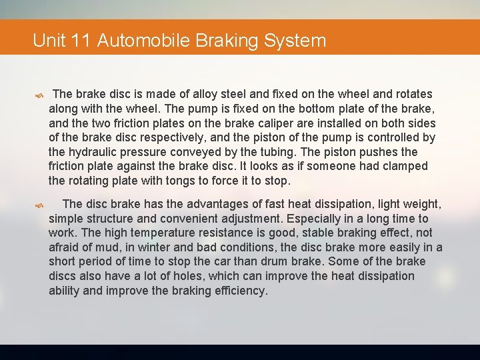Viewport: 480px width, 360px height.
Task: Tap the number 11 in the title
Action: (80, 41)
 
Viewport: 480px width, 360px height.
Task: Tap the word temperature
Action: (148, 233)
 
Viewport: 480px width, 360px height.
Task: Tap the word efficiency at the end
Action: (239, 291)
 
